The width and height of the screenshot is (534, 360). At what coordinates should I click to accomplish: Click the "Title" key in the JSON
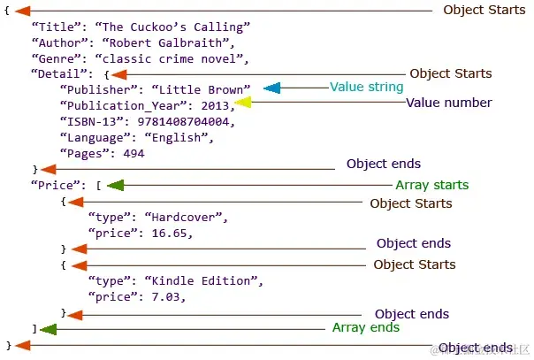(52, 27)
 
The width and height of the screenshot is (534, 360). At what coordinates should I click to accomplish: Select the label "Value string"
(366, 88)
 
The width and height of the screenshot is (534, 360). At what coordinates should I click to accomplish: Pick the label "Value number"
(448, 103)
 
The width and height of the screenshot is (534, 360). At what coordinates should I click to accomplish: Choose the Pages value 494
(133, 153)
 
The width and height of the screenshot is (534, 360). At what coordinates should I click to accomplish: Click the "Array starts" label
(431, 185)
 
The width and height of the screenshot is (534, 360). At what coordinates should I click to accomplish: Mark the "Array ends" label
(365, 327)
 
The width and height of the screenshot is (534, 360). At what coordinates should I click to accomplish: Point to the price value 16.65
(167, 233)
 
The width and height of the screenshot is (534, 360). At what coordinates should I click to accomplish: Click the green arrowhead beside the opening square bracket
(115, 186)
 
